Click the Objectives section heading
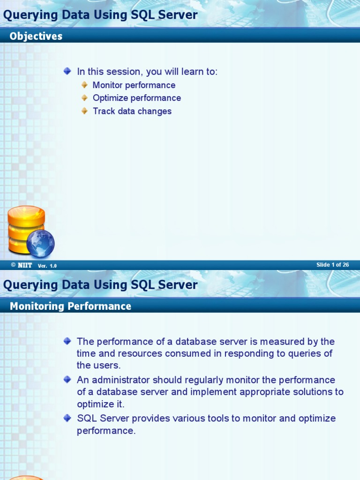(36, 37)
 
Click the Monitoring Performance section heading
(70, 307)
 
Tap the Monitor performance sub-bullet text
(134, 85)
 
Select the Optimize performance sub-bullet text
(136, 98)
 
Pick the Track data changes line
(132, 112)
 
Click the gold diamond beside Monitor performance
(84, 85)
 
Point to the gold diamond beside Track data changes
(84, 111)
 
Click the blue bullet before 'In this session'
(67, 71)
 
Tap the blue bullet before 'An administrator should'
(67, 379)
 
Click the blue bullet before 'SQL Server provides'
(67, 418)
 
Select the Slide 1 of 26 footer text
(332, 265)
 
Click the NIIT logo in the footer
(25, 265)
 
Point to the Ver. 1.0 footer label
(47, 266)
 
